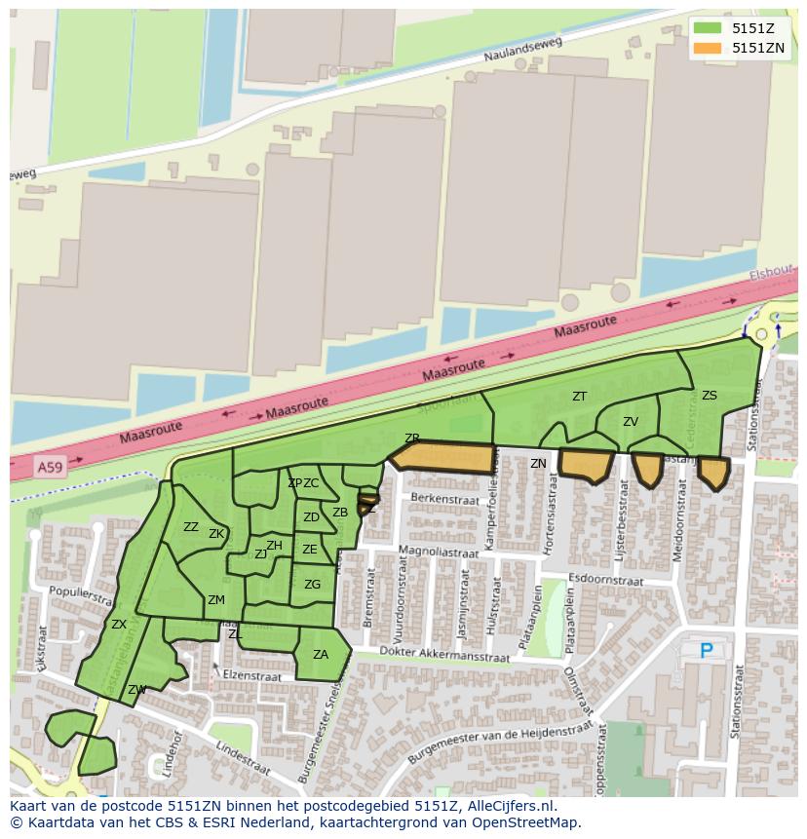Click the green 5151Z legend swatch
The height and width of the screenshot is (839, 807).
tap(708, 28)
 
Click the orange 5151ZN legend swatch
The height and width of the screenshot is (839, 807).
tap(708, 48)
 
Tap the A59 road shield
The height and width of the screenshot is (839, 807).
tap(49, 469)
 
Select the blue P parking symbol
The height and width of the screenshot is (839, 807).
tap(707, 650)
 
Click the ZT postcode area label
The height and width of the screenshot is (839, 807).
tap(580, 397)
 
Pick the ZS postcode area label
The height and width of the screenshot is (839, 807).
tap(710, 396)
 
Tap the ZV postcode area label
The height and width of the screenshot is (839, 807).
tap(631, 422)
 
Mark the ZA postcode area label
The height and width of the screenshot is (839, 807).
tap(321, 655)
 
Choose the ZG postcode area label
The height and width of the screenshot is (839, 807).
tap(312, 585)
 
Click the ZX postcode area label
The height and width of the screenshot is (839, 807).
tap(119, 625)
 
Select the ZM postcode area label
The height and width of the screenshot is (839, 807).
tap(216, 600)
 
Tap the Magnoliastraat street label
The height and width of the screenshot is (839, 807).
tap(439, 553)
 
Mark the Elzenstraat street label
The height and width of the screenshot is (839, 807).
tap(252, 675)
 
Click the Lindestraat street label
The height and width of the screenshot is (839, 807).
tap(242, 753)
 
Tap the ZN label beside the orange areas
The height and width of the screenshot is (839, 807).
tap(538, 464)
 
